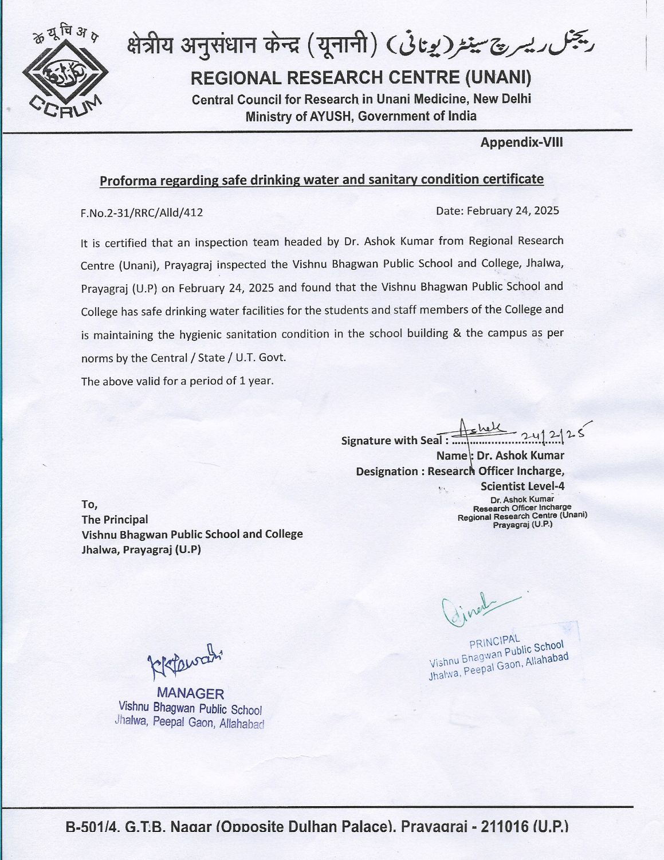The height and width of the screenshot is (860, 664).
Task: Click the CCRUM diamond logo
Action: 63,73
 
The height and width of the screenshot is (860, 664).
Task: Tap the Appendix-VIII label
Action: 521,142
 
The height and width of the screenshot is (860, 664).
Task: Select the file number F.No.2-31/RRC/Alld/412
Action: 142,213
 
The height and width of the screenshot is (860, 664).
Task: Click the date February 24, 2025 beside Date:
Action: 513,210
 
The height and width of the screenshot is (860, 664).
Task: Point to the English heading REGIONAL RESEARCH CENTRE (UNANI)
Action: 361,77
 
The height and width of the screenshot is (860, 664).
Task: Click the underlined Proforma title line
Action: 321,180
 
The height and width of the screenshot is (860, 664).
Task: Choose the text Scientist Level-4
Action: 522,486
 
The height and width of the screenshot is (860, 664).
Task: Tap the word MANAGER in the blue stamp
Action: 190,693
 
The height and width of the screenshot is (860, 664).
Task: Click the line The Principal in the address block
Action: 115,520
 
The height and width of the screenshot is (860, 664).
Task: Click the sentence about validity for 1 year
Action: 178,381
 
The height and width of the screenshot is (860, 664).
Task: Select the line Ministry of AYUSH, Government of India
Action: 361,116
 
